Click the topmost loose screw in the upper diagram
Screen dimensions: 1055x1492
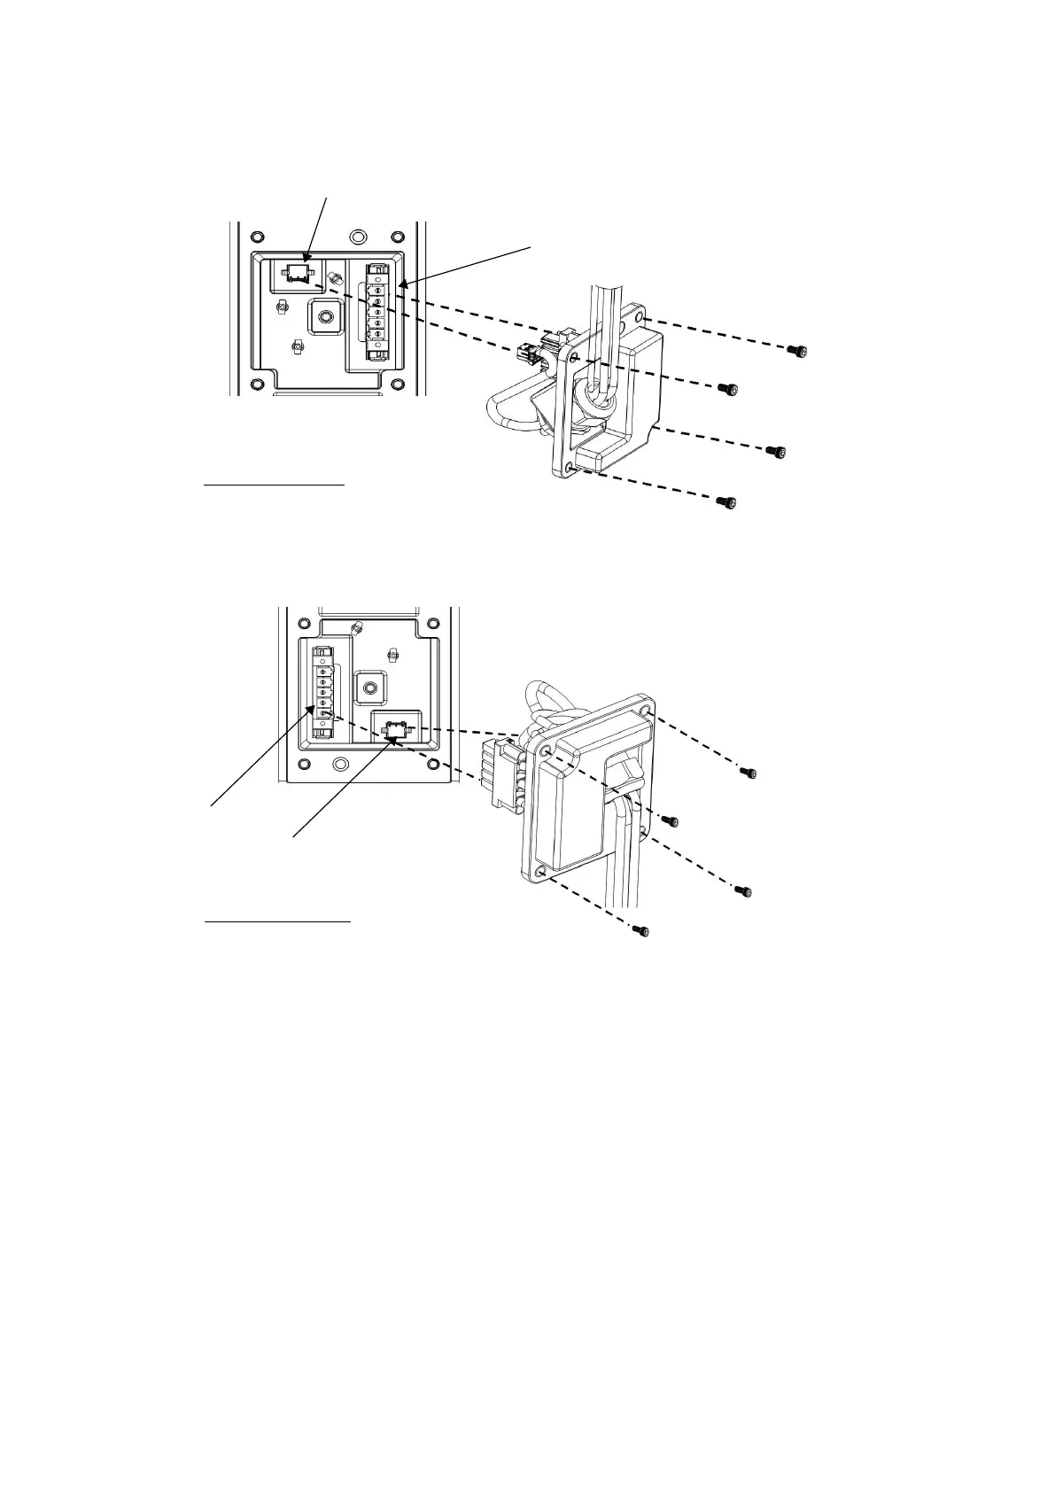[x=798, y=352]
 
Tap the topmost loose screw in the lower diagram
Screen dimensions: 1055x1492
[x=750, y=773]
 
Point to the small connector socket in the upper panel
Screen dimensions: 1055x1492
[x=300, y=271]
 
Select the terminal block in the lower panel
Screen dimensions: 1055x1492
[x=324, y=693]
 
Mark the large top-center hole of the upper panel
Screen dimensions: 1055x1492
[x=357, y=237]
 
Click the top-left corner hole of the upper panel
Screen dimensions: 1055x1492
[x=257, y=237]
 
